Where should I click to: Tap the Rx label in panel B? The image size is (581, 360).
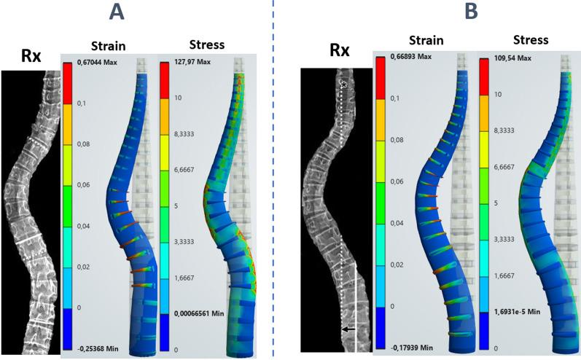coord(340,50)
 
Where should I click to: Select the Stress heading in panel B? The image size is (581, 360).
coord(531,39)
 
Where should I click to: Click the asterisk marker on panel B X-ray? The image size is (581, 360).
coord(343,85)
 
